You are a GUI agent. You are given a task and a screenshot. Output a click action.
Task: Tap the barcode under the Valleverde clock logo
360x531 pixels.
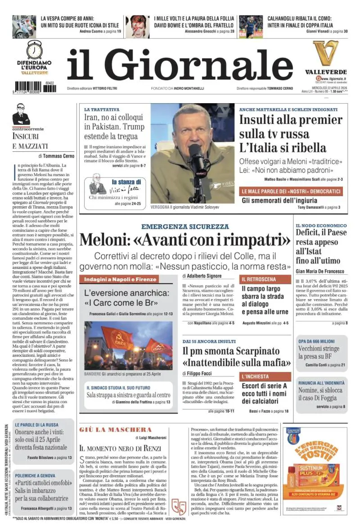35,86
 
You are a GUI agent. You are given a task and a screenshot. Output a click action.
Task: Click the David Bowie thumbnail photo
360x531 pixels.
137,26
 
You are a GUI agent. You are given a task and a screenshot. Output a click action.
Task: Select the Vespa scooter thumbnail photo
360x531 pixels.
24,26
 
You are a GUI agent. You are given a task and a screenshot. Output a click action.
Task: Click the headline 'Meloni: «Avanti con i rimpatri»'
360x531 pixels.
185,239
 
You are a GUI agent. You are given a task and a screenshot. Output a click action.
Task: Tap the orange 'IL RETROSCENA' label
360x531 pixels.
258,279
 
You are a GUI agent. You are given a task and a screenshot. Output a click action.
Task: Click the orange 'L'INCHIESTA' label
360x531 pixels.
255,376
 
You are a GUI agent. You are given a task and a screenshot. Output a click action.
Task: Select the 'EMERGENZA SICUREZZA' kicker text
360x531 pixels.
185,227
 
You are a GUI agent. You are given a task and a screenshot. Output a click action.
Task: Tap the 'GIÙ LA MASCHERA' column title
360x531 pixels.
116,430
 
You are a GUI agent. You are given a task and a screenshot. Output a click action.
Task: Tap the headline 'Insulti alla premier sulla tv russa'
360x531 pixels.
284,127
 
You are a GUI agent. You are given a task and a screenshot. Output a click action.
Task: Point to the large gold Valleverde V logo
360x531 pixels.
326,53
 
